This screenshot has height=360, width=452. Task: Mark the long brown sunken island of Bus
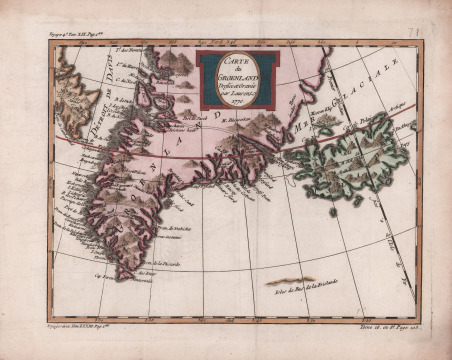click(x=289, y=280)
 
